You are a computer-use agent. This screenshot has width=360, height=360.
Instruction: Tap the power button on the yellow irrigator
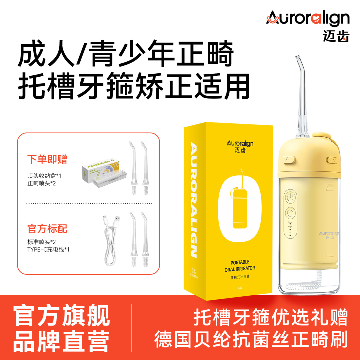coord(290,197)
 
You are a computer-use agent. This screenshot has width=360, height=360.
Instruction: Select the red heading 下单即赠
coord(47,159)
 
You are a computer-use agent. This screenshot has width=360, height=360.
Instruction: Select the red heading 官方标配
coord(47,228)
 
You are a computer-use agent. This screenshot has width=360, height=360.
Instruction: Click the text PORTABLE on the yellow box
coord(240,262)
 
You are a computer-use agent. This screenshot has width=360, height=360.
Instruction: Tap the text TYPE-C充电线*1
coord(48,249)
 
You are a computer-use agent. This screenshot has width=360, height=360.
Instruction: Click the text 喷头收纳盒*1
coord(44,176)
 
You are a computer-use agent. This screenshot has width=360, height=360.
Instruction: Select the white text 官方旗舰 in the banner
coord(61,315)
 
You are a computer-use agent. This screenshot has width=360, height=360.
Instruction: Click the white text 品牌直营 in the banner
coord(61,341)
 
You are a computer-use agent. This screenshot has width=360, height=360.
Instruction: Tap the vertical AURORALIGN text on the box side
coord(194,200)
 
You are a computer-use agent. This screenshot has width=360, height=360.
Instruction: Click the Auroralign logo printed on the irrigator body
coord(329,233)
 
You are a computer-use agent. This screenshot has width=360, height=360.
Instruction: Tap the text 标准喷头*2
coord(41,242)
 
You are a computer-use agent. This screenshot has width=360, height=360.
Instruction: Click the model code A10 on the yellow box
coord(240,288)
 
